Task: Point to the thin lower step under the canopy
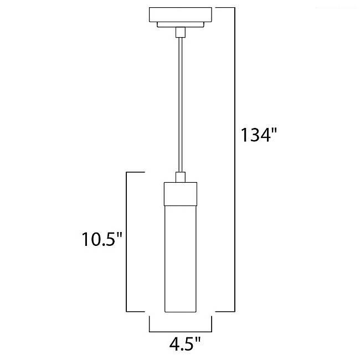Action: pos(180,24)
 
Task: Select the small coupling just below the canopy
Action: pos(180,32)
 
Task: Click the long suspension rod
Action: pos(180,105)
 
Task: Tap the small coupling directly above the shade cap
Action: pos(180,177)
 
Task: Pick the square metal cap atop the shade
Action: pos(180,193)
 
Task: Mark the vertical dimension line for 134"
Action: pos(235,161)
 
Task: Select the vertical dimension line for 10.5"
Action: pos(128,241)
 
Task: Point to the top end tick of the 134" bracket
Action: pos(225,7)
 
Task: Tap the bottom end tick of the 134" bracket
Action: pos(225,311)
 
